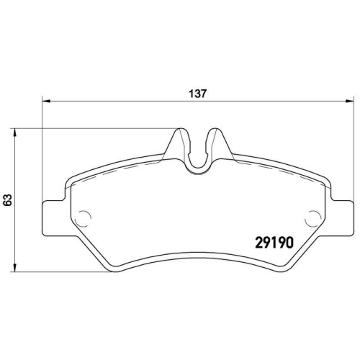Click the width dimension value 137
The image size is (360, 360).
(x=198, y=93)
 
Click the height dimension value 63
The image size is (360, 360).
(x=7, y=199)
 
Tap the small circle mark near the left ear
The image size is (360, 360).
(x=83, y=216)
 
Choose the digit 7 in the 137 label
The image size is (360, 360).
(x=205, y=93)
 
